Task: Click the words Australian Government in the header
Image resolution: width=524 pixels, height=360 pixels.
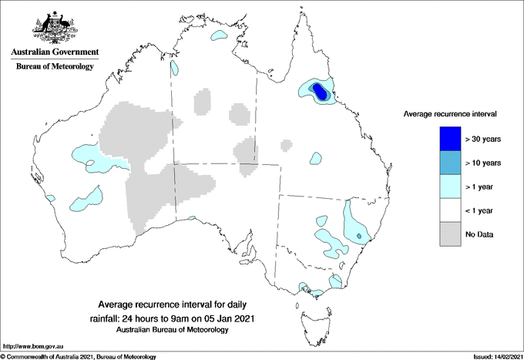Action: pyautogui.click(x=54, y=52)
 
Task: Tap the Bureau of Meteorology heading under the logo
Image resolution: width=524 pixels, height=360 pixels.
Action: pyautogui.click(x=54, y=67)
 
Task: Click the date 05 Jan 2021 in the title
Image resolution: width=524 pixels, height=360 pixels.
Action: pyautogui.click(x=225, y=318)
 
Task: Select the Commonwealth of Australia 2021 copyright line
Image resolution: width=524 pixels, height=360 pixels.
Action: pyautogui.click(x=79, y=356)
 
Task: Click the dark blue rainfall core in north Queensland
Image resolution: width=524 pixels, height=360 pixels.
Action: pyautogui.click(x=320, y=92)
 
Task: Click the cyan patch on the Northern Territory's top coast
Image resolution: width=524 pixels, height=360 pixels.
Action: pyautogui.click(x=220, y=36)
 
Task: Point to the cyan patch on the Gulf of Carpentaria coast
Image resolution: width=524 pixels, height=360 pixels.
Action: pyautogui.click(x=175, y=68)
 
